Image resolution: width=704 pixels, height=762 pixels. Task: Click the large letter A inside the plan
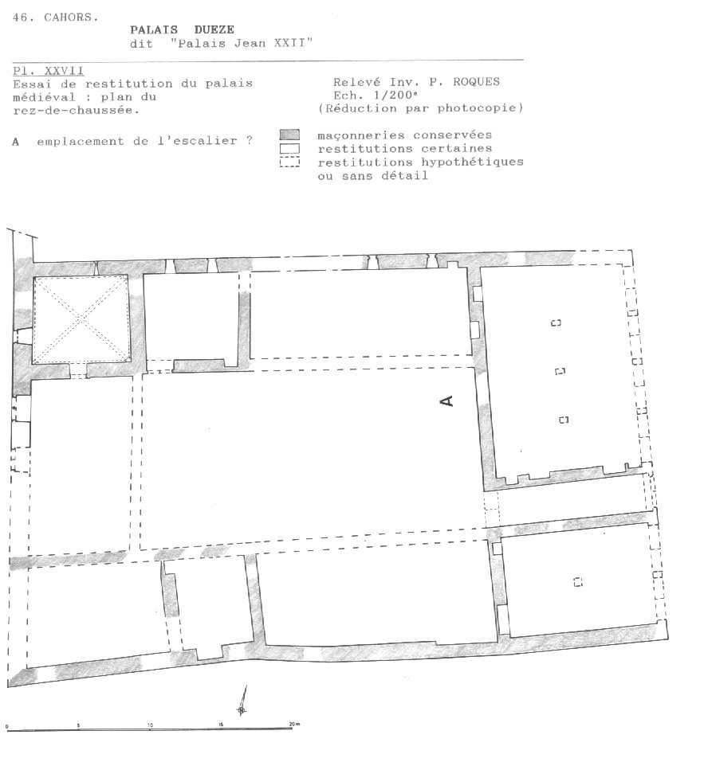coord(446,401)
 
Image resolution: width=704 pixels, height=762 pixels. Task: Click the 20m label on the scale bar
coord(294,724)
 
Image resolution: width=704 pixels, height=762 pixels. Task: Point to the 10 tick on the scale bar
coord(150,725)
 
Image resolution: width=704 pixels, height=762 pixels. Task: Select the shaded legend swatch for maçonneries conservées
coord(289,135)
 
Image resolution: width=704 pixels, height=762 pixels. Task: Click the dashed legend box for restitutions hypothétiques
coord(289,162)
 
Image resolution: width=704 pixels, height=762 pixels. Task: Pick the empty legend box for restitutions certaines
coord(289,149)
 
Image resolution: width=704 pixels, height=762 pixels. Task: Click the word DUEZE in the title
coord(214,29)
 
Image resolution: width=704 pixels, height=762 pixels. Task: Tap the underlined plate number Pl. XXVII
coord(48,71)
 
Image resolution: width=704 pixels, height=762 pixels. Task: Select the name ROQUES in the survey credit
coord(476,82)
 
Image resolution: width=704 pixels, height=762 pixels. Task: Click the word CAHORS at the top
coord(71,18)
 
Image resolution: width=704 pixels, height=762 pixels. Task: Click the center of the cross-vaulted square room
coord(81,319)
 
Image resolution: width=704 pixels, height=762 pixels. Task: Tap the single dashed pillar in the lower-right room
coord(578,582)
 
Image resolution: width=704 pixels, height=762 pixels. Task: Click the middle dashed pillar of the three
coord(560,371)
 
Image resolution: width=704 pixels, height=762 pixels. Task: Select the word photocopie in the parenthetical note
coord(476,107)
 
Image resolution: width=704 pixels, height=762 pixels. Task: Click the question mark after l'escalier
coord(249,140)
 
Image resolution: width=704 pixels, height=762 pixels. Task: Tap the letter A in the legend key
coord(16,142)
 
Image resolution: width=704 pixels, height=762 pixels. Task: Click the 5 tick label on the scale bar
coord(78,725)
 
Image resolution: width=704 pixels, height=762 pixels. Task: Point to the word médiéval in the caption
coord(45,96)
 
